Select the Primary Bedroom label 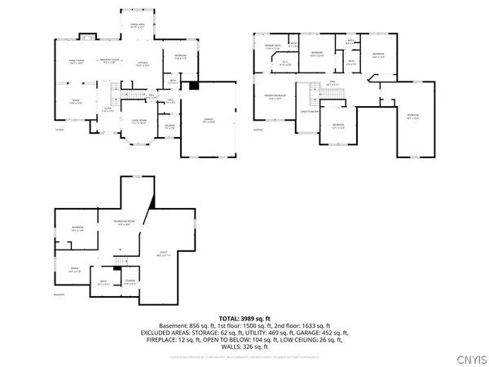(x=275, y=98)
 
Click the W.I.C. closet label (x=286, y=64)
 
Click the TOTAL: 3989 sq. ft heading (x=244, y=317)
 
